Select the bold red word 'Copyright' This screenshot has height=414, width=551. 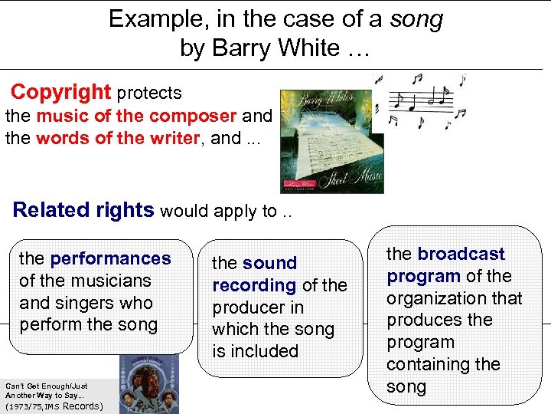click(61, 93)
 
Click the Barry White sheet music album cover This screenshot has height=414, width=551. click(331, 141)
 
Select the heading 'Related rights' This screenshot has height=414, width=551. click(83, 210)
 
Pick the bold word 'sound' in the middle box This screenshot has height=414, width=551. click(269, 263)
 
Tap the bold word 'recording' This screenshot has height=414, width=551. click(254, 285)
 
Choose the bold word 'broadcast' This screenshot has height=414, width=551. click(461, 254)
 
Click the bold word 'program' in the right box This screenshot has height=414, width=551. click(423, 276)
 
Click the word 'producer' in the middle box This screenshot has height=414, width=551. click(247, 307)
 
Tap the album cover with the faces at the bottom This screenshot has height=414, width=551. click(149, 384)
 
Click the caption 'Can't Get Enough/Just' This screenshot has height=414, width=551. click(47, 386)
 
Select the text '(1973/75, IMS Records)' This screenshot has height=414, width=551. click(54, 406)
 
